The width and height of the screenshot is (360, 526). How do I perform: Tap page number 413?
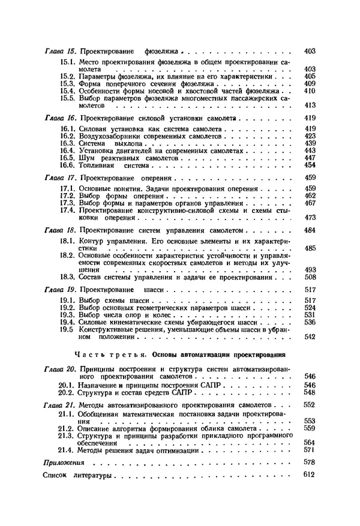pos(310,105)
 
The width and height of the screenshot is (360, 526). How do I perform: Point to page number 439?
pos(310,143)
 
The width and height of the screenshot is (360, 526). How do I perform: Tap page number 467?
pos(310,203)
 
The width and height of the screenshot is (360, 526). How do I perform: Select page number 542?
pos(310,336)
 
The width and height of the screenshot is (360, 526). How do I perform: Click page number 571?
pos(310,449)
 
